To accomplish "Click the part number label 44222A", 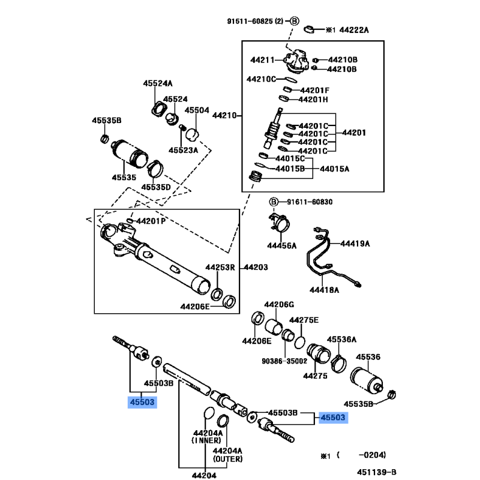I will (354, 29).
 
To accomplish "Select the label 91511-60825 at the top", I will (254, 21).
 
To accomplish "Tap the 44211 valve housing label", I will (262, 60).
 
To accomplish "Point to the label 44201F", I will (314, 90).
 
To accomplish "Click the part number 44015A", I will (334, 169).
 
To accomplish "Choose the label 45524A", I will (158, 83).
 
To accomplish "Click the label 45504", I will (197, 110).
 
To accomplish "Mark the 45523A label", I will (183, 150).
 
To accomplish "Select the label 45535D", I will (156, 187).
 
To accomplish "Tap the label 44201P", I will (151, 221).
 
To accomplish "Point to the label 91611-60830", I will (308, 202).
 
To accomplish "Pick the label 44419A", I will (355, 244).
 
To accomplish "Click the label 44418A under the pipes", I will (325, 290).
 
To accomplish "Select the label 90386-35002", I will (284, 361).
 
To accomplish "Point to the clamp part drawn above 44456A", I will (280, 226).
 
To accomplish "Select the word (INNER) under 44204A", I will (208, 441).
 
